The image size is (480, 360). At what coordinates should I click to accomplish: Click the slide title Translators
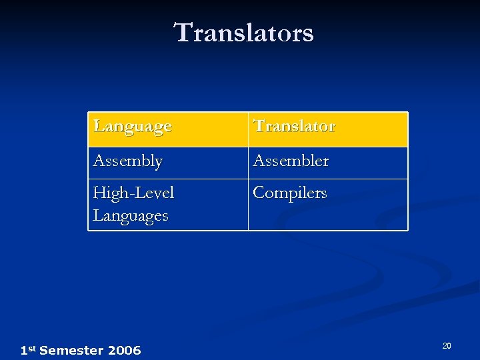[x=243, y=32]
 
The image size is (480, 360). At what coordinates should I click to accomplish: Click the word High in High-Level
[x=107, y=193]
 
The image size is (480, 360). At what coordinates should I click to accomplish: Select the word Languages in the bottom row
[x=131, y=215]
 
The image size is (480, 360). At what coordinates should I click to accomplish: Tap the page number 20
[x=447, y=345]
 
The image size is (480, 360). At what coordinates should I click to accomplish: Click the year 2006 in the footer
[x=124, y=351]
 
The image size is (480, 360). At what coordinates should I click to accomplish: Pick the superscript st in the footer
[x=32, y=348]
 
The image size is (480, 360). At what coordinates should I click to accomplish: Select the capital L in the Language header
[x=99, y=126]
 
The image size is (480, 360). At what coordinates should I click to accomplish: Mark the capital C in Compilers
[x=259, y=193]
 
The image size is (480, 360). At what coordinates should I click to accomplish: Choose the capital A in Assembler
[x=259, y=161]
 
